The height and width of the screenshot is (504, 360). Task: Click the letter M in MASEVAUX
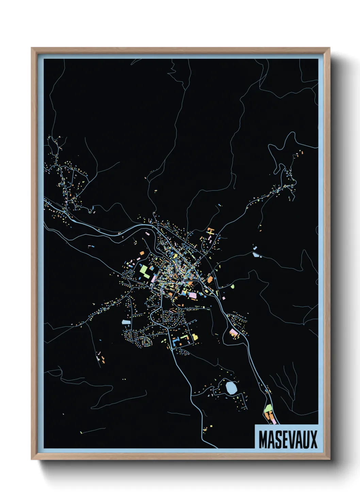pyautogui.click(x=264, y=440)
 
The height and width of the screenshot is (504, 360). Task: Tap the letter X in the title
pyautogui.click(x=314, y=440)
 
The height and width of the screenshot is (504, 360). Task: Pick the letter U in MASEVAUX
pyautogui.click(x=306, y=440)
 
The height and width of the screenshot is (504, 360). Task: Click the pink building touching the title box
pyautogui.click(x=273, y=422)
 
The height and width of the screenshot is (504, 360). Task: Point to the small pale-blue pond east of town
pyautogui.click(x=256, y=254)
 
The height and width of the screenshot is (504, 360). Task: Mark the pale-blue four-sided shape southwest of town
pyautogui.click(x=126, y=321)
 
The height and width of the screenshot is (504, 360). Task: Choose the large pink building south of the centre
pyautogui.click(x=193, y=295)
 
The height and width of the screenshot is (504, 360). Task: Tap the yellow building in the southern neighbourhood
pyautogui.click(x=195, y=337)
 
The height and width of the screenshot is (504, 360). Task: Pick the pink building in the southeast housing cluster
pyautogui.click(x=233, y=332)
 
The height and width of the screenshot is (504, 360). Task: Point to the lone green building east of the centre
pyautogui.click(x=232, y=286)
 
